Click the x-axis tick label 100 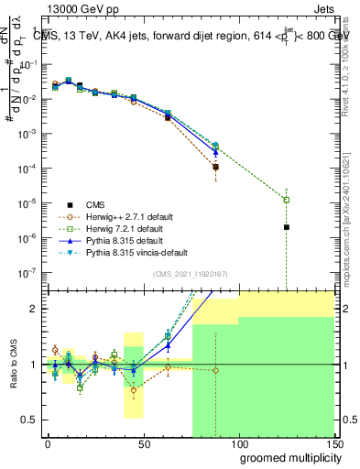tap(238, 442)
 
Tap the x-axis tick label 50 tap(143, 442)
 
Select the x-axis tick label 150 tap(332, 442)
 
